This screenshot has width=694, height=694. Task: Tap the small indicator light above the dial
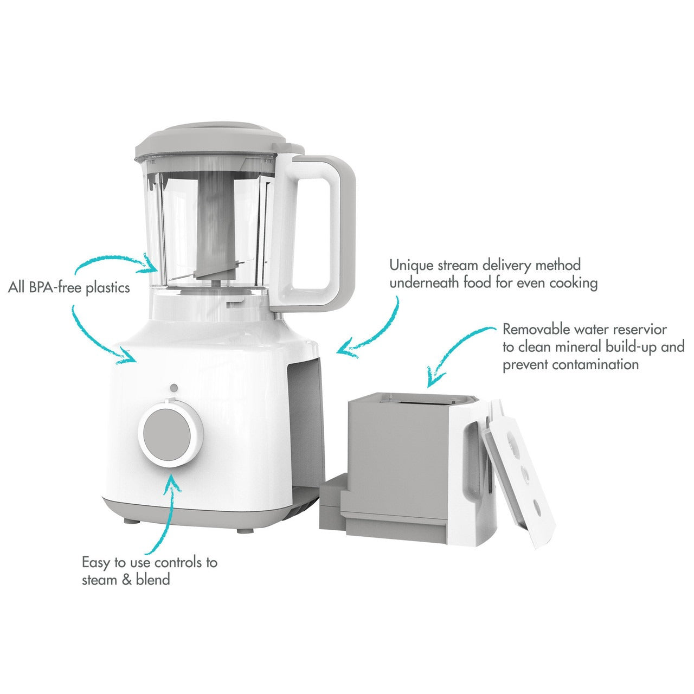[x=174, y=388]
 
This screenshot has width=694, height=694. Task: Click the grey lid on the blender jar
[x=210, y=143]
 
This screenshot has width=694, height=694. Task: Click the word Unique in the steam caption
[x=412, y=266]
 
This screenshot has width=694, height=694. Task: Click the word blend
[x=153, y=580]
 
